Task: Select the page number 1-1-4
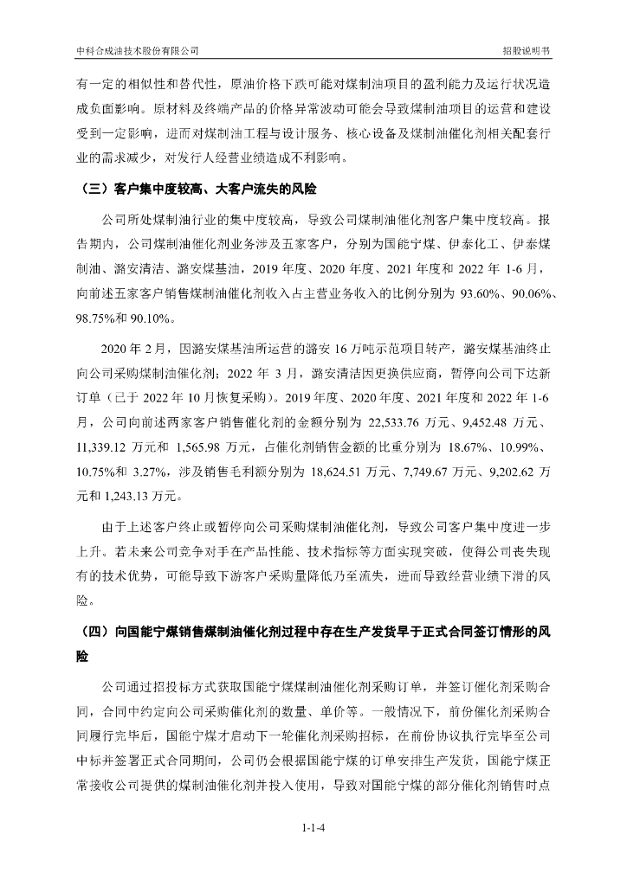click(313, 829)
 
